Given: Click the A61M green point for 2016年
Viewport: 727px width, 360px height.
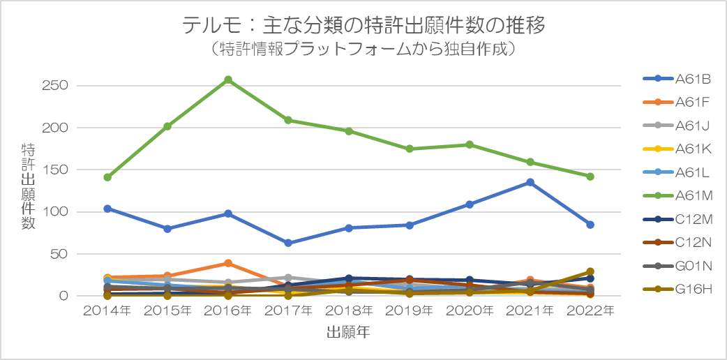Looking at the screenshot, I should coord(228,80).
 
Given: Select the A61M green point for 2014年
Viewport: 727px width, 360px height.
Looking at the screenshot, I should coord(107,177).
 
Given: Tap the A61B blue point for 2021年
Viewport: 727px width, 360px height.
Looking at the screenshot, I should coord(530,182).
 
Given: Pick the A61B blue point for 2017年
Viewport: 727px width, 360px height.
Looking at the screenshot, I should coord(288,243).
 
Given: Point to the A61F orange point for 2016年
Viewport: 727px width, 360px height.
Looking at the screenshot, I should coord(228,263).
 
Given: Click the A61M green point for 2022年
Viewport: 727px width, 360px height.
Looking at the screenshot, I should coord(590,177).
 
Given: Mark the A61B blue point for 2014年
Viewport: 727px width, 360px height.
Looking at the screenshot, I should coord(107,209).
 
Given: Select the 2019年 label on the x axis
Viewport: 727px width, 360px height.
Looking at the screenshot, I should coord(409,310).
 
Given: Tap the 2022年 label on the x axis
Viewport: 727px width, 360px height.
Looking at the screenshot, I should coord(590,310).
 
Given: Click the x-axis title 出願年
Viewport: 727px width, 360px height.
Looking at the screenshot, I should coord(348,333).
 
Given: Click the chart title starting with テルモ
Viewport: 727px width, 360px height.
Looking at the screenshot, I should coord(363,25).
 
